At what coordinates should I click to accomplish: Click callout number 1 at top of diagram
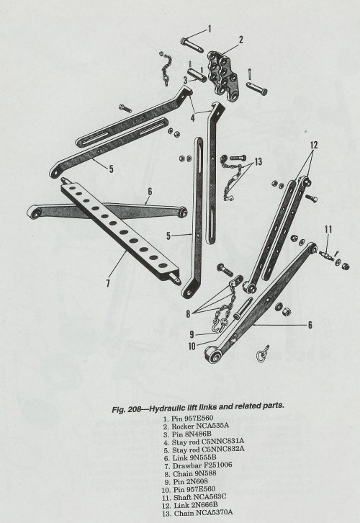point(210,29)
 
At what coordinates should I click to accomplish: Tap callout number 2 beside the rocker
point(241,40)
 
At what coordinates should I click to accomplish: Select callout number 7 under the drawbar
point(108,283)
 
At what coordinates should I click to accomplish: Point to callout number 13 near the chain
point(258,162)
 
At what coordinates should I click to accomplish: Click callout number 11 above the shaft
point(328,229)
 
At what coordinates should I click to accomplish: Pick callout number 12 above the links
point(314,145)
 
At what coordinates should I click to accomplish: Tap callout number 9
point(192,334)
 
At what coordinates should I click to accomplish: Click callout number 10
point(192,347)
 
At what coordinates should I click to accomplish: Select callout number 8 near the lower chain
point(189,313)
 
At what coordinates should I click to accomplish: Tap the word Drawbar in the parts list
point(184,465)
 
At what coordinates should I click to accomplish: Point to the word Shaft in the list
point(182,497)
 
